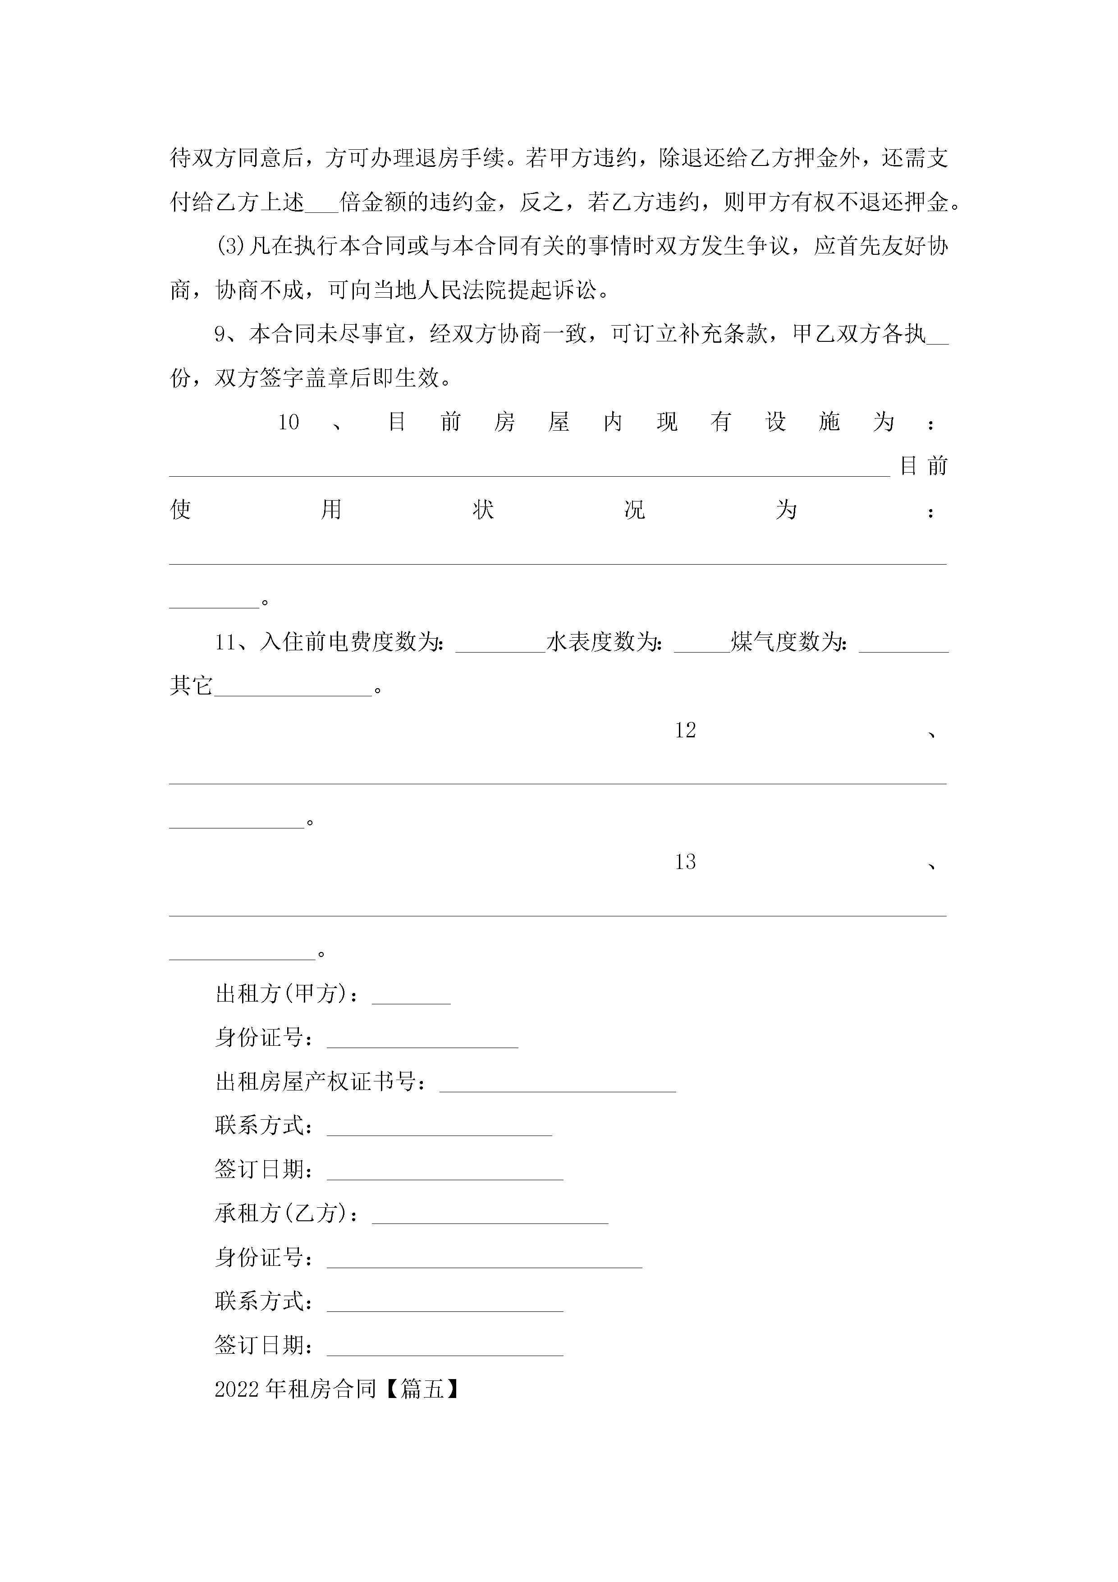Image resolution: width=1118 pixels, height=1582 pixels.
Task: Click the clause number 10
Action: [x=288, y=423]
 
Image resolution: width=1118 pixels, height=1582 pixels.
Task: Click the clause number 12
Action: [x=685, y=731]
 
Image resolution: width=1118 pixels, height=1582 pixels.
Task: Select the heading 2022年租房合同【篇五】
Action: [x=337, y=1389]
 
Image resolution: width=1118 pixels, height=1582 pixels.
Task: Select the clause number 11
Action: [x=225, y=643]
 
